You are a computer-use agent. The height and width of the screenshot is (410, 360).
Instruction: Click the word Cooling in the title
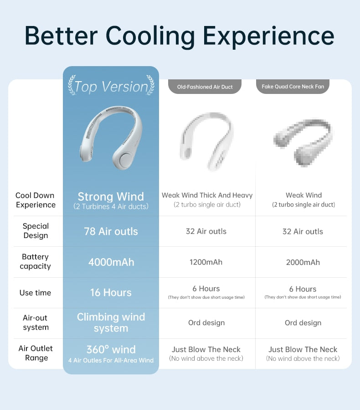[150, 36]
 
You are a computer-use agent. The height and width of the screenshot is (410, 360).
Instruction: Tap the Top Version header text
[111, 87]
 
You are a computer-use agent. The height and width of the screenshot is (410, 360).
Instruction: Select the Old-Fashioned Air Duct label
[205, 87]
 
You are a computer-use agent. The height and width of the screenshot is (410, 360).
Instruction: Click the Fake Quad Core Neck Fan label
[293, 87]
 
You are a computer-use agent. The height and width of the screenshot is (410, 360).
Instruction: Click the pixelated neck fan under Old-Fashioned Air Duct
[206, 141]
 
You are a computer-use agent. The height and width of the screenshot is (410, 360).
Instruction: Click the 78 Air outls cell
[111, 231]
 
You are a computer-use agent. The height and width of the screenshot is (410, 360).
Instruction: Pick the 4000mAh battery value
[111, 262]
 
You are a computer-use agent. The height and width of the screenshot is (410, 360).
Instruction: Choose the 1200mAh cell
[206, 262]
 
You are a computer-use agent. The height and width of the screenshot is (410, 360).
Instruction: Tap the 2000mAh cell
[303, 262]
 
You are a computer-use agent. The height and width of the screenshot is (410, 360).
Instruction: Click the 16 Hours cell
[111, 293]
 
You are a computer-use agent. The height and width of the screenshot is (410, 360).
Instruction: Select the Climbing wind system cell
[111, 322]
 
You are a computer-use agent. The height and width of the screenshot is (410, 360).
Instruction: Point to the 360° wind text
[111, 350]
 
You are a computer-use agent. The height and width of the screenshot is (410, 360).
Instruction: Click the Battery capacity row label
[35, 261]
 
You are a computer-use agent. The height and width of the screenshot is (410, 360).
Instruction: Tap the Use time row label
[35, 293]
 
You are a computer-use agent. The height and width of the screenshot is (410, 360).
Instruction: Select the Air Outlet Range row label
[36, 353]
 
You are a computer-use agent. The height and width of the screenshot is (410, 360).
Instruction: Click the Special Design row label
[36, 231]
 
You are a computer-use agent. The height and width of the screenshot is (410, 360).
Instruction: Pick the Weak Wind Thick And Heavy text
[207, 195]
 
